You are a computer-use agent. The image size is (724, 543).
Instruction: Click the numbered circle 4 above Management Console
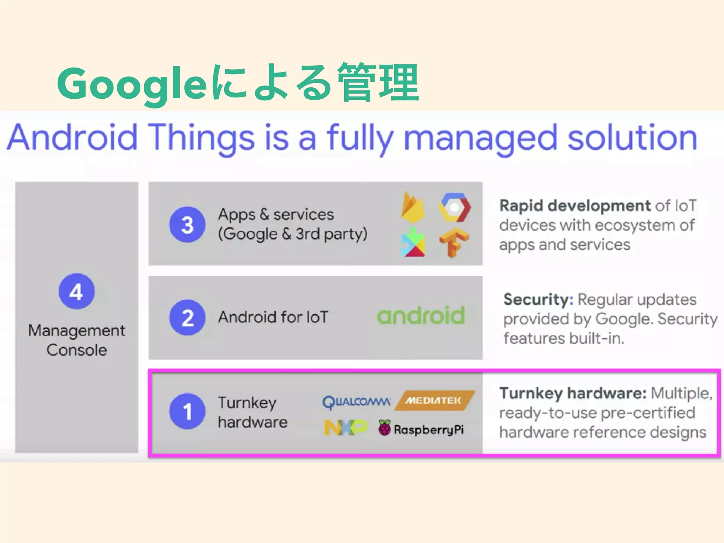click(x=77, y=291)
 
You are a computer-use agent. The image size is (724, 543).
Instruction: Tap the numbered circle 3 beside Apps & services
click(x=187, y=224)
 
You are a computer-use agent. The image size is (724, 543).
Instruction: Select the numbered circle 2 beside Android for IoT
click(x=187, y=317)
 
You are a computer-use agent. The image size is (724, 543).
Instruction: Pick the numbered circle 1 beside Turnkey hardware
click(x=187, y=411)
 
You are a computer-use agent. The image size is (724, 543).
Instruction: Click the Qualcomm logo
click(x=356, y=402)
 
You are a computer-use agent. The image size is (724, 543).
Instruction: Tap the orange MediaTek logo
click(x=434, y=401)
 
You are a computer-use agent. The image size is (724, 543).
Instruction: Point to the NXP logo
click(x=345, y=428)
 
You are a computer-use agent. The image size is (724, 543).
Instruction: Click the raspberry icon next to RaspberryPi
click(x=385, y=428)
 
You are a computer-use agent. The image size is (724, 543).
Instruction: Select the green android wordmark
click(x=421, y=316)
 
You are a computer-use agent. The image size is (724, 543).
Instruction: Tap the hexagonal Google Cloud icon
click(x=454, y=207)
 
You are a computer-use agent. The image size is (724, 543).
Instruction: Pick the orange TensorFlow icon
click(x=454, y=243)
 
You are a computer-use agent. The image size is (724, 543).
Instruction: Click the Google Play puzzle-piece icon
click(x=413, y=243)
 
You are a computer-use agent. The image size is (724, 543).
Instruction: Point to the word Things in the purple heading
click(x=201, y=138)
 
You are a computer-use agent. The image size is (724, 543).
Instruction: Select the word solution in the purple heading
click(x=632, y=138)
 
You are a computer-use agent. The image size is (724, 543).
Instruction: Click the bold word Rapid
click(x=521, y=206)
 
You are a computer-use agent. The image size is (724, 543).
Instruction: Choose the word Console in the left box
click(x=77, y=350)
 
